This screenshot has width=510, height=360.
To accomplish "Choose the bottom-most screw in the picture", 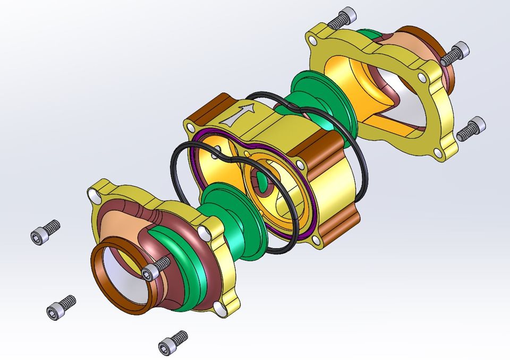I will point(173,342).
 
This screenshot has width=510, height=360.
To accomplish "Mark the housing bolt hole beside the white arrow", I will point(189,126).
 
